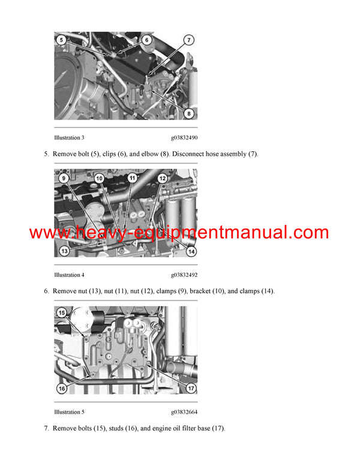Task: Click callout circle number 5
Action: tap(61, 40)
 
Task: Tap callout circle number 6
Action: tap(146, 40)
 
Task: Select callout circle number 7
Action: tap(188, 41)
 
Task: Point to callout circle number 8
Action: tap(189, 112)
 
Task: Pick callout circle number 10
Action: tap(99, 178)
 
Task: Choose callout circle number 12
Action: tap(162, 178)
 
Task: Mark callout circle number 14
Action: tap(191, 251)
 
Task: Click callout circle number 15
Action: tap(62, 313)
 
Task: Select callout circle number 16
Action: tap(62, 389)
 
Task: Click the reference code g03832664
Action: tap(184, 412)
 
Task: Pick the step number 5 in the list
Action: tap(46, 154)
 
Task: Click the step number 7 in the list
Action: tap(46, 429)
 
